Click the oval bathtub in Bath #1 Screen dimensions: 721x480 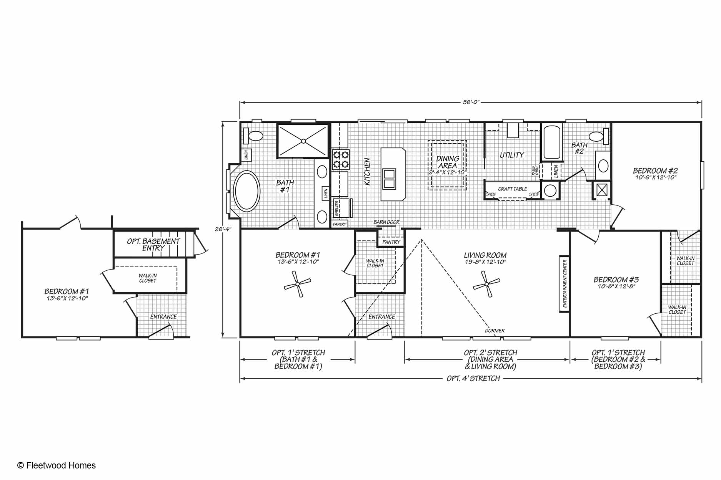point(247,191)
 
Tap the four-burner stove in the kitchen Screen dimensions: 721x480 point(341,160)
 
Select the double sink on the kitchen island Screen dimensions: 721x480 point(389,179)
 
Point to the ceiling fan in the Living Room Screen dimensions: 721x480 point(486,284)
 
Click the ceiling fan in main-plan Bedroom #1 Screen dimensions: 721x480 point(297,284)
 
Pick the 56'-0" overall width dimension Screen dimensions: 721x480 point(471,102)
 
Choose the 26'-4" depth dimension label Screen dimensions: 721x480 point(223,229)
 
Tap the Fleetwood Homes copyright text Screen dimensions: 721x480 point(57,465)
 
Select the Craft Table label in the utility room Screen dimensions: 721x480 point(513,189)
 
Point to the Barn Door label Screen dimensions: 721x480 point(386,222)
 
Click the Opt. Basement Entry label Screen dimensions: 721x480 point(153,245)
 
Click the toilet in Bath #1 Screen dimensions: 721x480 point(253,136)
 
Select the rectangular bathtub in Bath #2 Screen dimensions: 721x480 point(552,142)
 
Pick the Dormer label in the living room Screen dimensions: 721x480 point(495,331)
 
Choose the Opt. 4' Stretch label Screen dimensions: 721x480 point(473,379)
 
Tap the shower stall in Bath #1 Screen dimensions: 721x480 point(303,141)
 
